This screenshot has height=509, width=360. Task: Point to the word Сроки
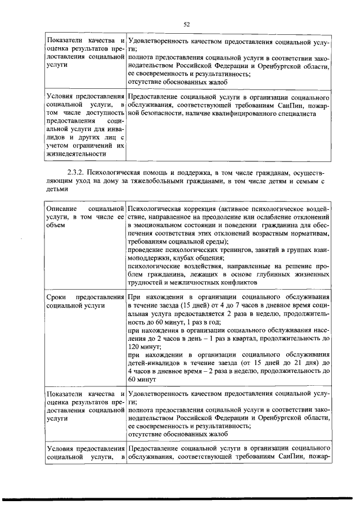click(x=58, y=296)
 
